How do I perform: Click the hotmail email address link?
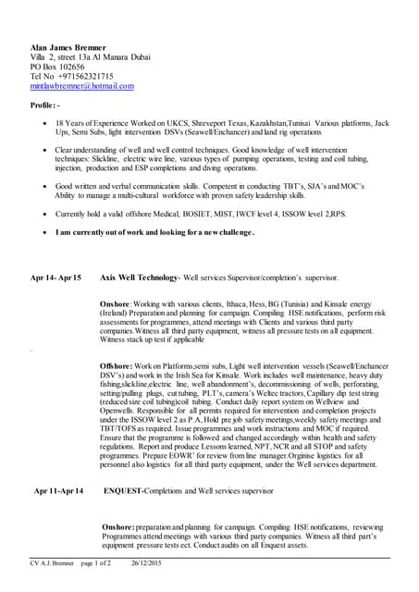pos(82,86)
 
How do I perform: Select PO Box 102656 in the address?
pos(57,67)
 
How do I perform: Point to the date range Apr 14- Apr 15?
pos(55,277)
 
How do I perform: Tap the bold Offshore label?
pos(119,366)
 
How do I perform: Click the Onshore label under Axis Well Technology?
pos(117,303)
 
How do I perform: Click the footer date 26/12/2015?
pos(147,563)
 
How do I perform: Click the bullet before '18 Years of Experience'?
pos(47,123)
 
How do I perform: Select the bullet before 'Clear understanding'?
pos(47,149)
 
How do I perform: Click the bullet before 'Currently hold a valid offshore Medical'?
pos(47,213)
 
